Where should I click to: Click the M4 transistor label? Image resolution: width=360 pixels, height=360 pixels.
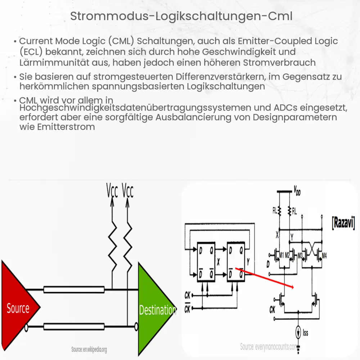pyautogui.click(x=324, y=256)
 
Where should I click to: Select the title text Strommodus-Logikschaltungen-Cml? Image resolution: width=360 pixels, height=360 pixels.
pyautogui.click(x=180, y=16)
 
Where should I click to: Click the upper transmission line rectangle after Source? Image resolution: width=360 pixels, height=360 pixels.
pyautogui.click(x=74, y=290)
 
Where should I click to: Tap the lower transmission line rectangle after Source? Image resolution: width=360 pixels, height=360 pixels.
pyautogui.click(x=74, y=327)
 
